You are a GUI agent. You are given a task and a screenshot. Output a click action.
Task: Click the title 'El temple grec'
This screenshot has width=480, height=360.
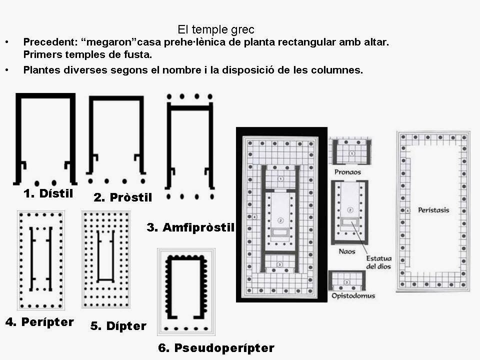point(216,30)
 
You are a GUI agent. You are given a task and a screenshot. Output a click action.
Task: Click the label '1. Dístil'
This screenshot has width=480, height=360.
point(48,193)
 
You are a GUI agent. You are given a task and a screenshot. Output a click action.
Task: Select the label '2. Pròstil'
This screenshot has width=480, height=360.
point(122,197)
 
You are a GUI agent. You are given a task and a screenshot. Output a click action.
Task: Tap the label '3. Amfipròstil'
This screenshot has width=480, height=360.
point(190,227)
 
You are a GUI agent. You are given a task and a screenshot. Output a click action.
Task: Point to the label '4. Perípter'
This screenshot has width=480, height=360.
point(39,322)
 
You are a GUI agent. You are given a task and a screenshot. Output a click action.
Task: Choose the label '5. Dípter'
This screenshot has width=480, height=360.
point(118,326)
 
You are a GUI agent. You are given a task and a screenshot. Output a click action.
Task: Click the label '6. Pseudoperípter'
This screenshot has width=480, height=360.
point(216,348)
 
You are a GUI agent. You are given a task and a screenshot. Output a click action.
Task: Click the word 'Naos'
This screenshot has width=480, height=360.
point(347,251)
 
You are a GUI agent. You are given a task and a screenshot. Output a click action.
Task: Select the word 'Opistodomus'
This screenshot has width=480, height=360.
point(353,295)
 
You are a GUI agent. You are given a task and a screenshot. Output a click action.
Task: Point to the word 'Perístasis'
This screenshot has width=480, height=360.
point(433,210)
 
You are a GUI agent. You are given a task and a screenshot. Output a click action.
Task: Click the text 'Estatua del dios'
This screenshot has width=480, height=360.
point(378,262)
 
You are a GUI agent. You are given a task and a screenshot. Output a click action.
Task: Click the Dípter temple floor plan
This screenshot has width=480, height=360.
point(105,259)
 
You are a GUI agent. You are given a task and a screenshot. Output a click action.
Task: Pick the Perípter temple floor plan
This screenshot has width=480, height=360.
point(40,260)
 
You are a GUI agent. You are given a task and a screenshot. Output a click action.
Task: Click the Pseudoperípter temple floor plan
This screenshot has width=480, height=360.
point(186,290)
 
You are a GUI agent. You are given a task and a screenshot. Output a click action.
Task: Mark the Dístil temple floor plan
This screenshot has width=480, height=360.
point(45,137)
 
